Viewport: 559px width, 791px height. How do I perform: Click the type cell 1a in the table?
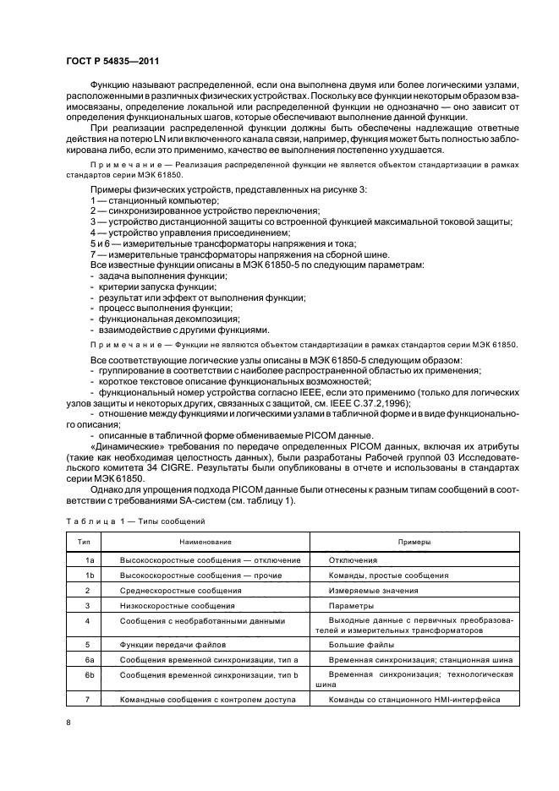click(x=87, y=560)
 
